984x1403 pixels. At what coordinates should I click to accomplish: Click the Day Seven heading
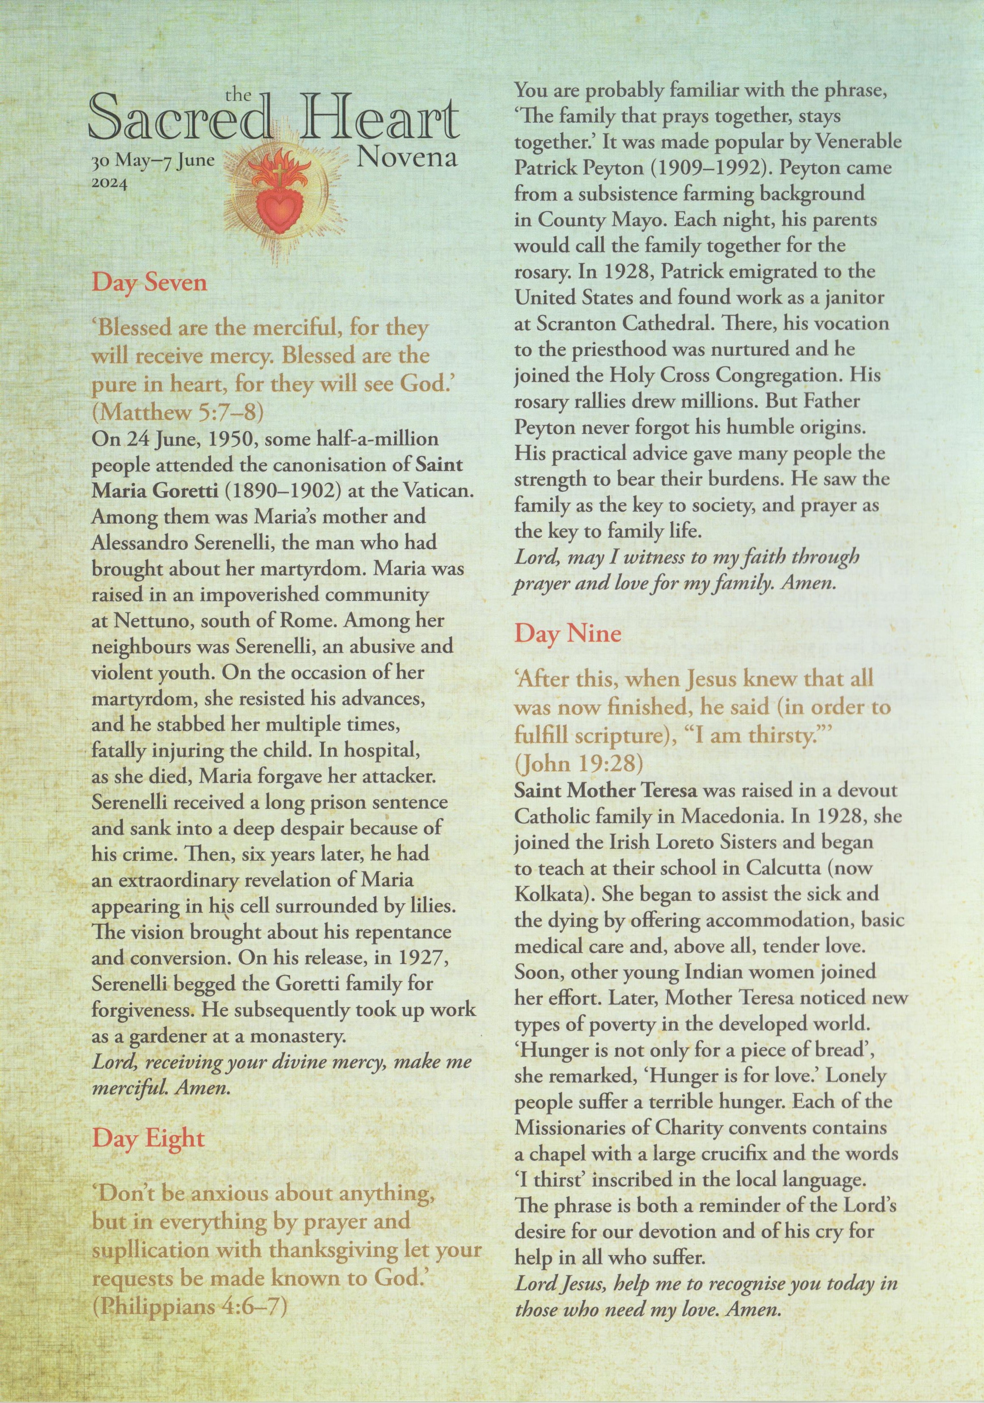coord(150,283)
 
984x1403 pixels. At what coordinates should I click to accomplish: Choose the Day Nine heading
coord(567,633)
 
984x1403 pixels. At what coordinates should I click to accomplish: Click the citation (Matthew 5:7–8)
coord(178,412)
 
